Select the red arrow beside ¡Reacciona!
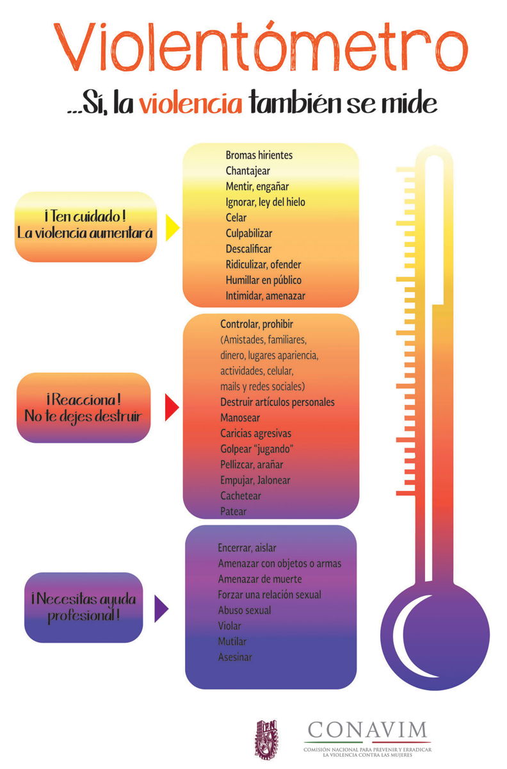[171, 408]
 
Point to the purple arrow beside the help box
[161, 608]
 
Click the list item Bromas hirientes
[259, 155]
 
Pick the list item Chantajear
[247, 170]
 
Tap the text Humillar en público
[263, 280]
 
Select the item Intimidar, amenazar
[265, 295]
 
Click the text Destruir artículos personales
[277, 402]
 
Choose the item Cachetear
[240, 495]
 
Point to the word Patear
[233, 511]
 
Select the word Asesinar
[235, 657]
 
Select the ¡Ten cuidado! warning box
[85, 226]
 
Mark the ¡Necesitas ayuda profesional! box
[83, 608]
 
